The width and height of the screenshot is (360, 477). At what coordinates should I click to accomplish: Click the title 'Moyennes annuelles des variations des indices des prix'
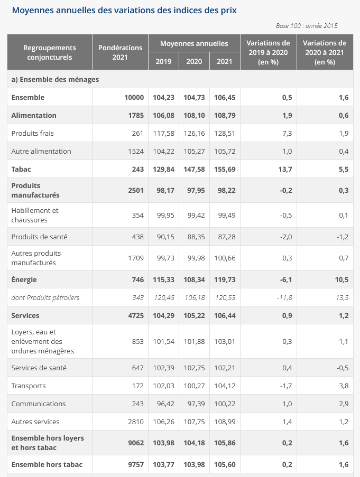tap(124, 11)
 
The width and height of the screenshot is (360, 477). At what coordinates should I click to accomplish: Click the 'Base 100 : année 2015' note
tap(307, 26)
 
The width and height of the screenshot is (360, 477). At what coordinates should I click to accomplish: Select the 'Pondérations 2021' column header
tap(120, 52)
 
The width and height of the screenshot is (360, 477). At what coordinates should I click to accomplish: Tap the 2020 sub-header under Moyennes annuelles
tap(194, 61)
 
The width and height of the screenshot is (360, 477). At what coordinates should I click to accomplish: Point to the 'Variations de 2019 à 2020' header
tap(268, 52)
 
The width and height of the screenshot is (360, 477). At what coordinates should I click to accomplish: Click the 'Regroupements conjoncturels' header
tap(50, 52)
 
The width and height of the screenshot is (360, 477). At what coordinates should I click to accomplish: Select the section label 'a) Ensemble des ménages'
tap(55, 79)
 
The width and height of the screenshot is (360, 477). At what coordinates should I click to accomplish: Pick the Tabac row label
tap(21, 169)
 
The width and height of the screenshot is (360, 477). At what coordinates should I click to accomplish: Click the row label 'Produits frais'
tap(33, 133)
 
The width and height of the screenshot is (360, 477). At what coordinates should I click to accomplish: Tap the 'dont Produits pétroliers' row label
tap(45, 297)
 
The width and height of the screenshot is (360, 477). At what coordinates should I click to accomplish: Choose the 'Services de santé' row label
tap(39, 368)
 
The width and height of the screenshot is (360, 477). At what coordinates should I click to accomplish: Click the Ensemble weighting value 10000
tap(134, 97)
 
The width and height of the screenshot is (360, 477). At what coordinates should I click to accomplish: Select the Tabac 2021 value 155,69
tap(225, 169)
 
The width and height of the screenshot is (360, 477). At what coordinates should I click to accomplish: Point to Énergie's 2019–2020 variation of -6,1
tap(286, 279)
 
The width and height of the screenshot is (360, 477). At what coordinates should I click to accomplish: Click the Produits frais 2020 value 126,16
tap(194, 133)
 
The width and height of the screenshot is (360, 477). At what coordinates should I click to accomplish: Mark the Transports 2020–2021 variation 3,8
tap(344, 386)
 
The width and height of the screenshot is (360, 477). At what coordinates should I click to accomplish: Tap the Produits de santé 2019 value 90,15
tap(165, 237)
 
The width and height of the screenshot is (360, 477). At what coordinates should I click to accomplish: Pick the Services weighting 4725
tap(136, 315)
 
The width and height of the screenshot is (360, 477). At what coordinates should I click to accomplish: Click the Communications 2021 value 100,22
tap(225, 404)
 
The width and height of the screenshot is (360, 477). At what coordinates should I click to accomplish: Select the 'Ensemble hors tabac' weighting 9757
tap(136, 464)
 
